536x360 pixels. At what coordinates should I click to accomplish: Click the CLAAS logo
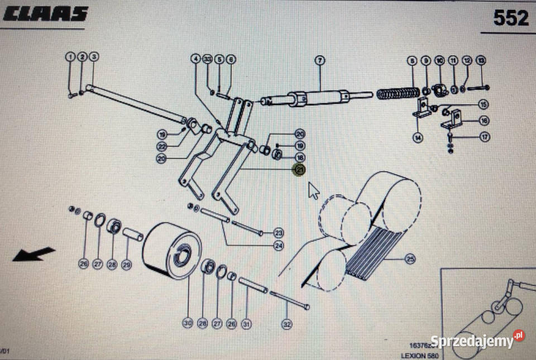pos(46,15)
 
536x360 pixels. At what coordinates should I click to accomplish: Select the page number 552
pos(510,18)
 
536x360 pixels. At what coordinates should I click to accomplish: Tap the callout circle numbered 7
pos(319,60)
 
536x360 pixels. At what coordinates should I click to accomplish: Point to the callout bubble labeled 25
pos(411,260)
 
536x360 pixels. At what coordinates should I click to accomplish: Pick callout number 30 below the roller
pos(188,323)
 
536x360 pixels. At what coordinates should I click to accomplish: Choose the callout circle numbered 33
pos(208,59)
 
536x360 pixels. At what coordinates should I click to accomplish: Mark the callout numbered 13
pos(481,60)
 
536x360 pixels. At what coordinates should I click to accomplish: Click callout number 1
pos(70,56)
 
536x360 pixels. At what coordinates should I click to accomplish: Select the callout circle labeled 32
pos(286,323)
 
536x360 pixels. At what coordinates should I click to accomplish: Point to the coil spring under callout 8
pos(398,93)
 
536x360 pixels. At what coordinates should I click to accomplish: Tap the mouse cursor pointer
pos(314,190)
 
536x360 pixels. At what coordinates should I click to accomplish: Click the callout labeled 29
pos(126,265)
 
